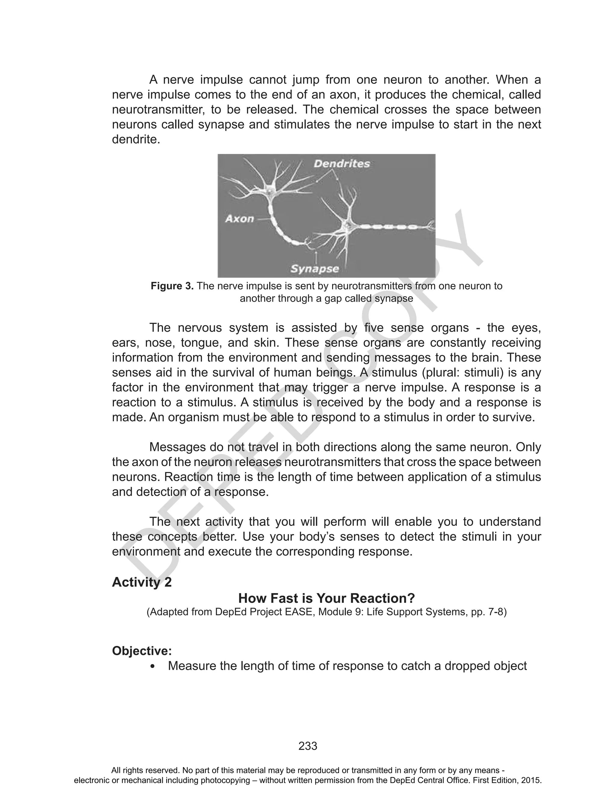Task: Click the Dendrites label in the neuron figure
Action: click(342, 163)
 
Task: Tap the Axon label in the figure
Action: click(239, 219)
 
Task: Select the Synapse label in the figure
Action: click(315, 269)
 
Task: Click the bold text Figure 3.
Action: click(172, 286)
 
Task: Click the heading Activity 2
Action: click(142, 582)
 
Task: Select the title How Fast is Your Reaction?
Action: click(326, 598)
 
